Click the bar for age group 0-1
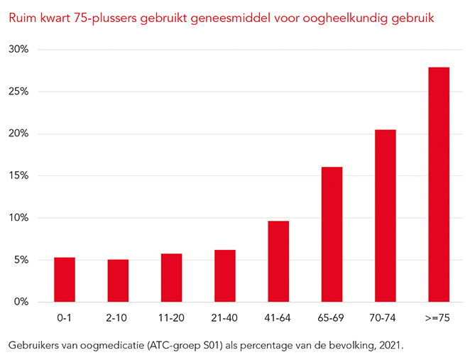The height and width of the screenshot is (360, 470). click(x=65, y=280)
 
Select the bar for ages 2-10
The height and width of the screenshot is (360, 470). click(x=118, y=280)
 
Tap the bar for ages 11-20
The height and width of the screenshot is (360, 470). click(x=171, y=278)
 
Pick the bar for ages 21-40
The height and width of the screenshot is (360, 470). click(x=225, y=276)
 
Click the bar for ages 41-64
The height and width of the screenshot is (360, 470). click(x=278, y=261)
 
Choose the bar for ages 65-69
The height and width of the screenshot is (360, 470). click(x=332, y=234)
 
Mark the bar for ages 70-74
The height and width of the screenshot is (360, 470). click(x=386, y=216)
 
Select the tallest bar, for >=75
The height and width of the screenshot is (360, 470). click(x=439, y=185)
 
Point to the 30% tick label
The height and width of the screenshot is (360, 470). click(x=19, y=50)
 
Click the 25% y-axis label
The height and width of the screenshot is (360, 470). click(x=19, y=92)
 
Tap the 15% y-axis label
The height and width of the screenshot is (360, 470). click(x=19, y=176)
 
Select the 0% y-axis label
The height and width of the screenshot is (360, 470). click(x=21, y=302)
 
